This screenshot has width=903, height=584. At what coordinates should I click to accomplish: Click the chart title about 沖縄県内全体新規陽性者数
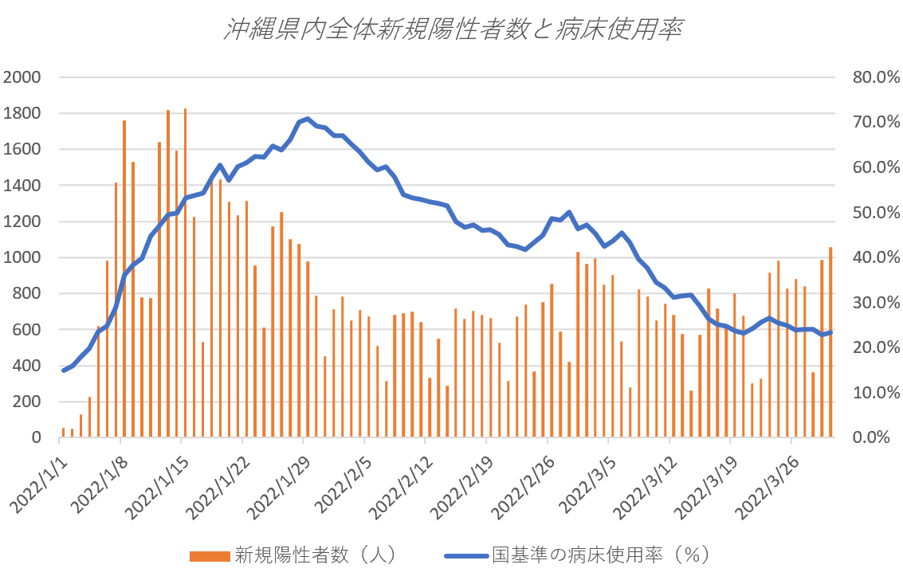(x=451, y=29)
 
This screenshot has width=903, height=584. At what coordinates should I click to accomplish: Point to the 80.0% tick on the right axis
(x=874, y=77)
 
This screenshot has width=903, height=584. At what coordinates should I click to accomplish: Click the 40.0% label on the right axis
(x=874, y=257)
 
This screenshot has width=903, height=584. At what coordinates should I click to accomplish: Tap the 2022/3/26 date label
(x=768, y=486)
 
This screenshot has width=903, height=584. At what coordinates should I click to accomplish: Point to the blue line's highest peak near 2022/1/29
(x=308, y=119)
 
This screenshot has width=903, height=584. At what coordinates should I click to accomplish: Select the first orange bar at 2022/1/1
(x=63, y=433)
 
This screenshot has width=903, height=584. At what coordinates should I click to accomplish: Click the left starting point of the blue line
(x=63, y=370)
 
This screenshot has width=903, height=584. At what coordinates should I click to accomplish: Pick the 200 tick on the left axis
(x=27, y=402)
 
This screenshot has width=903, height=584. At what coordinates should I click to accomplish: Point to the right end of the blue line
(x=830, y=332)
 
